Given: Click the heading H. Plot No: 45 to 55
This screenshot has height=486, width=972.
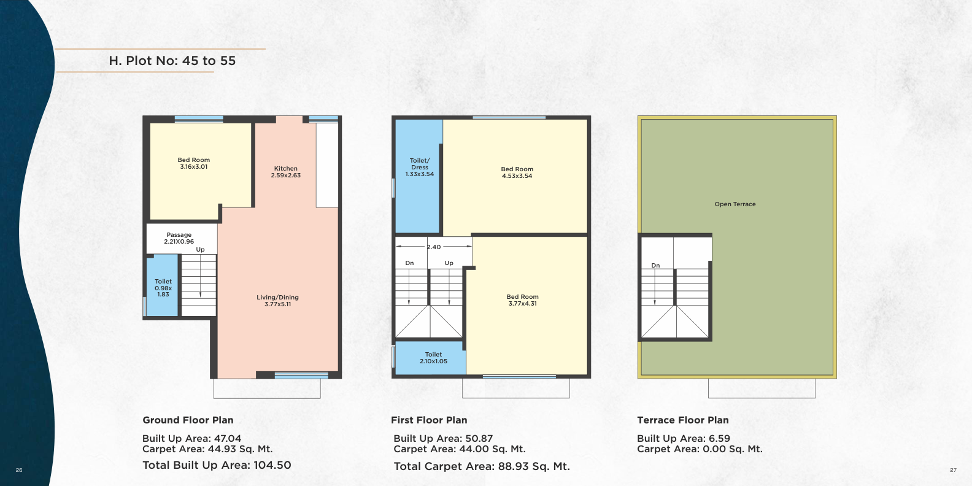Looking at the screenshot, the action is coord(172,60).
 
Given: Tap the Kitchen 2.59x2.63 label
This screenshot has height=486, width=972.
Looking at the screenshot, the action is coord(285,172).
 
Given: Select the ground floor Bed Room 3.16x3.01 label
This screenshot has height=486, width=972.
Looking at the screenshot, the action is coord(193,163).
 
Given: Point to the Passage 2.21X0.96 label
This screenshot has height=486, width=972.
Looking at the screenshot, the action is coord(179,238).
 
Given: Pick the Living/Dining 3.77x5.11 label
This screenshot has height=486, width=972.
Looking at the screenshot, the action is coord(278,301).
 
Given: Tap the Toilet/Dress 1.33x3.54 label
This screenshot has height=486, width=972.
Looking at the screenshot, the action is coord(420,167).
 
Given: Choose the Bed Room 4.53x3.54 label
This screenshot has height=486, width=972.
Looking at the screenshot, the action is coord(517,172).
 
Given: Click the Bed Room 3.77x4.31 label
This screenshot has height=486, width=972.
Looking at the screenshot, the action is coord(522,300).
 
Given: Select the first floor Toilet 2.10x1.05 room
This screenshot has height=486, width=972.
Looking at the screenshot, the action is coord(430,358).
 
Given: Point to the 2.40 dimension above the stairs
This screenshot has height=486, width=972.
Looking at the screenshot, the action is coord(434,247).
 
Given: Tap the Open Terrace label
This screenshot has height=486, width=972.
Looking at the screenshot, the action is coord(735,204).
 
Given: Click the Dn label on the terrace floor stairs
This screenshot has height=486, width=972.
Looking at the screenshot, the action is coord(655,266).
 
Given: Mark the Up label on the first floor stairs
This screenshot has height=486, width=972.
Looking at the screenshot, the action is coord(449,263).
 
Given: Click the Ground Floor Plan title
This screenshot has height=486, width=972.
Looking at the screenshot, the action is coord(188,420).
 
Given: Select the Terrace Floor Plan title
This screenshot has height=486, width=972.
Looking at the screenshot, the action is coord(682,420).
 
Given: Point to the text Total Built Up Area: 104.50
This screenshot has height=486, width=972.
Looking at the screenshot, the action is coord(217,465).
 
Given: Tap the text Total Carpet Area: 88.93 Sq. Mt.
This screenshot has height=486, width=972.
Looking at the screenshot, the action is coord(482,466).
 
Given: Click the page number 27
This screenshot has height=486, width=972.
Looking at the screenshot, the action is coord(954,470).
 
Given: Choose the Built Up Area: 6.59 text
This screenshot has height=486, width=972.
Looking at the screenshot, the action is coord(684,438).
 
